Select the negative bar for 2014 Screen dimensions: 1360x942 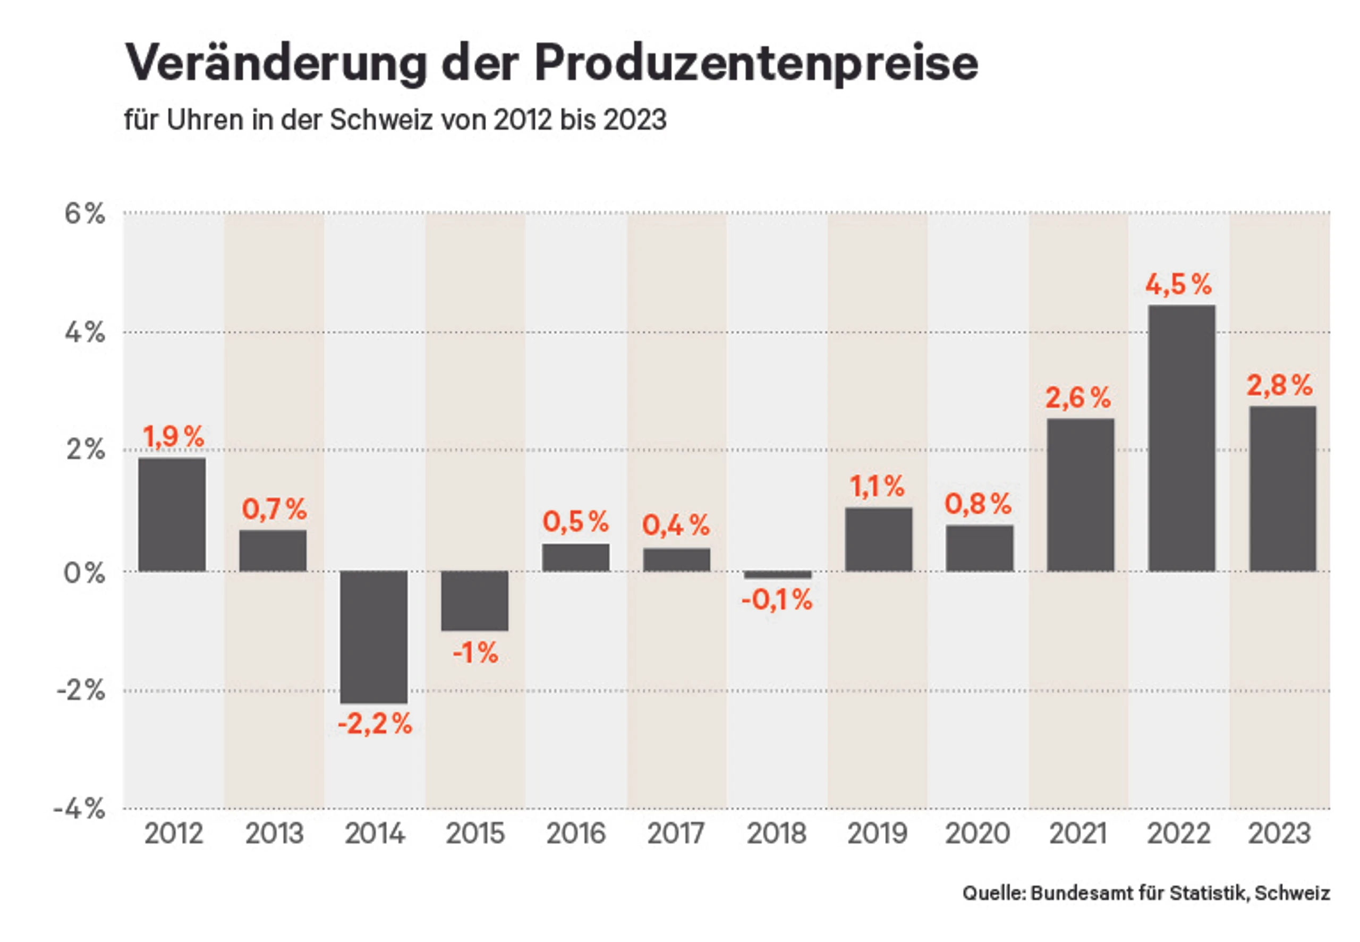click(x=373, y=637)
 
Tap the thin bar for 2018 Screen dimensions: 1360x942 click(x=778, y=574)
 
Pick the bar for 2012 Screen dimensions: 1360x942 click(x=172, y=514)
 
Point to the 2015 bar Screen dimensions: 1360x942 click(x=475, y=600)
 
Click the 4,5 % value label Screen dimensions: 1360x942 click(x=1179, y=284)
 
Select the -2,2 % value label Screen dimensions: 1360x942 click(x=375, y=724)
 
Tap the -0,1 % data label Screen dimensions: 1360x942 click(x=777, y=600)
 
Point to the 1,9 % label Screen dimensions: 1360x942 click(x=174, y=437)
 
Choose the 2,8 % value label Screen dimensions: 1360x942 click(x=1280, y=385)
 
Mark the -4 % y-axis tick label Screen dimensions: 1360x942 click(x=79, y=809)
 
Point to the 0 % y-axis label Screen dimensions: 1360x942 click(x=84, y=573)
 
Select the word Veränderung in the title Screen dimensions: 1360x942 click(x=276, y=63)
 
